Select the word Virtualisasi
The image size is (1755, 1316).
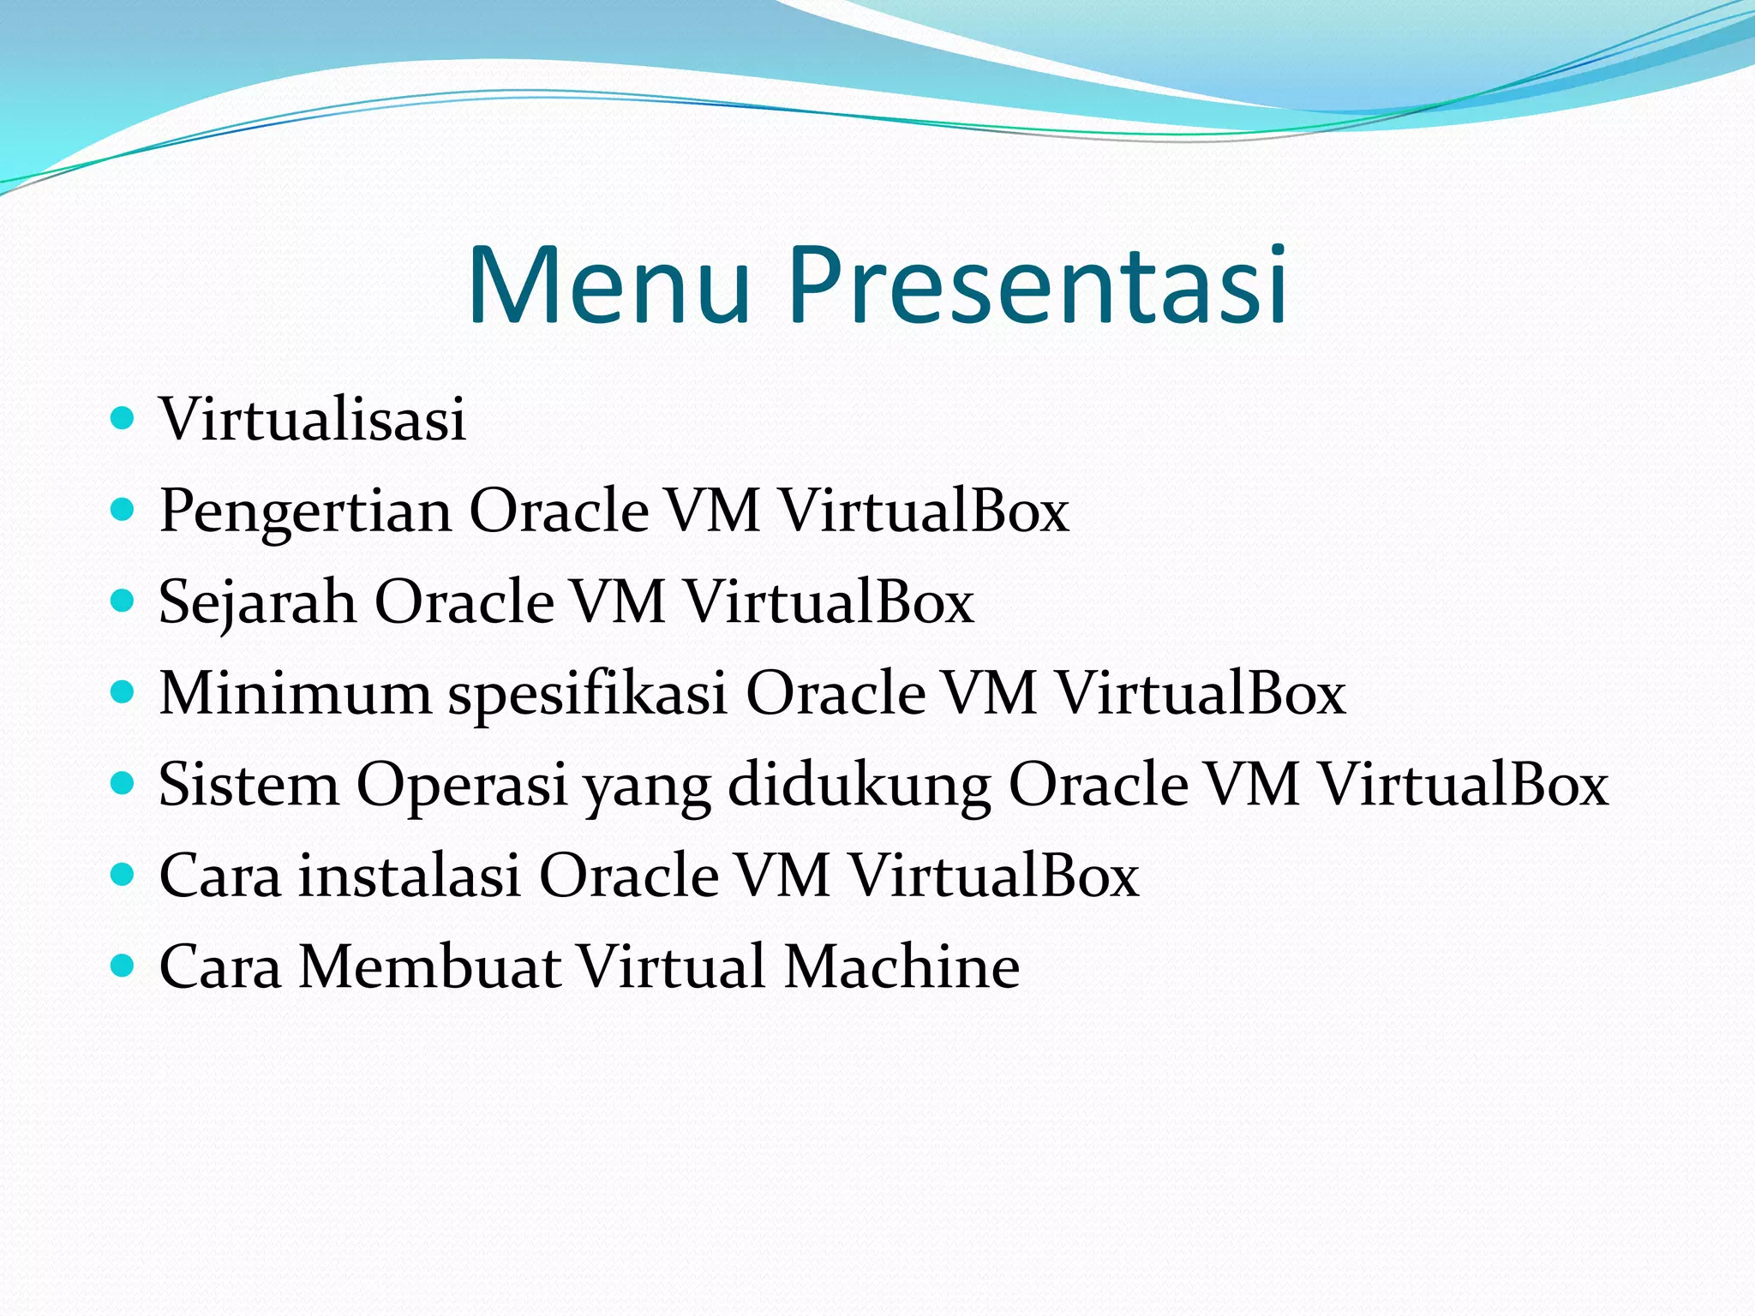313,419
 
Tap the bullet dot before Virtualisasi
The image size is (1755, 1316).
123,418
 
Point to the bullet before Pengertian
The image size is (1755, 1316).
123,511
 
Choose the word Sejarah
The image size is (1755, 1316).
258,602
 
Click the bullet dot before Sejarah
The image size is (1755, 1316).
123,601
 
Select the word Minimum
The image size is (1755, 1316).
296,692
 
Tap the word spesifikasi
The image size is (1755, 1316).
588,694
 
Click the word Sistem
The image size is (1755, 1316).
249,784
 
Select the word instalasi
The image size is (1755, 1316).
410,876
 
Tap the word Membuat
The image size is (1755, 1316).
428,966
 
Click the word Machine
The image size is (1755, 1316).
901,966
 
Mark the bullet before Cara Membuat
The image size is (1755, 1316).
123,966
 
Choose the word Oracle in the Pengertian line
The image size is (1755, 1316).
559,511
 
